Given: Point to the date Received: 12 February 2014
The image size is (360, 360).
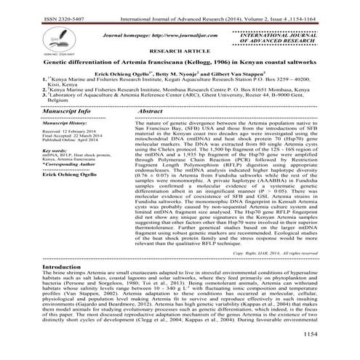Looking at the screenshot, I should tap(66, 135).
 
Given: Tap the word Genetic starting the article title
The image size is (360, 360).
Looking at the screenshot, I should tap(37, 63).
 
